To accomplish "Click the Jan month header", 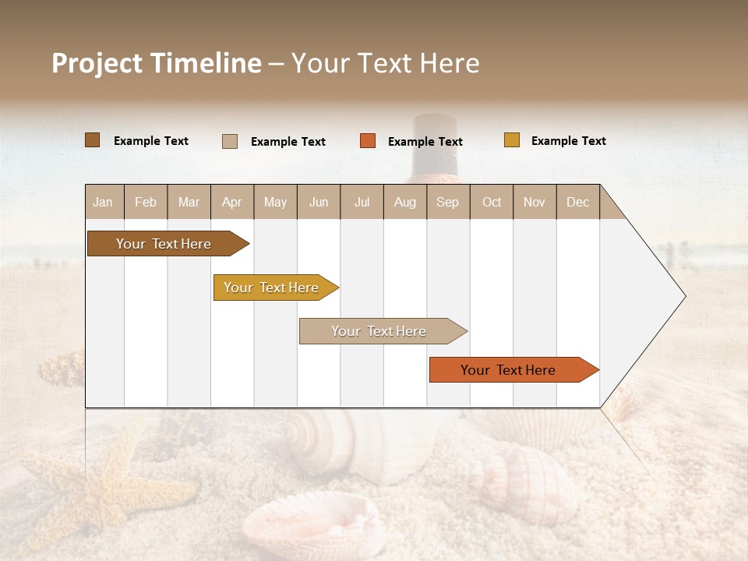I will [104, 202].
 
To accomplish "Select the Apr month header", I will [232, 202].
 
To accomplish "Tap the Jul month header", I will [362, 202].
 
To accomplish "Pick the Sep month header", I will [448, 202].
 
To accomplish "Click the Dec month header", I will [577, 202].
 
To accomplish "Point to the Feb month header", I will [146, 202].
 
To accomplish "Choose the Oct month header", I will [492, 202].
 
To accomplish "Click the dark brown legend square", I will [93, 140].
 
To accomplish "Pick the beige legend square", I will [230, 141].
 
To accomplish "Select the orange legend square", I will [368, 141].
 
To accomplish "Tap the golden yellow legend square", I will [512, 140].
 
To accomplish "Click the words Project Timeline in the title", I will [157, 63].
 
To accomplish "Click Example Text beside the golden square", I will [568, 141].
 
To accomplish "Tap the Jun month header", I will [319, 202].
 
